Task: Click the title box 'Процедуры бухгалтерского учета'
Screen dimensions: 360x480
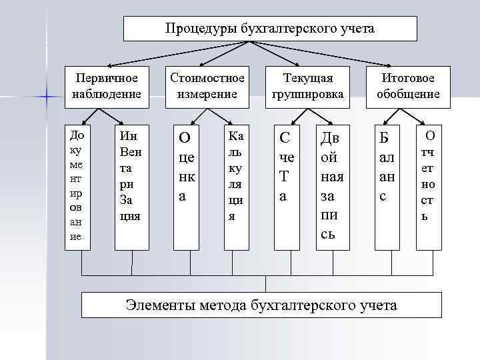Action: (x=270, y=29)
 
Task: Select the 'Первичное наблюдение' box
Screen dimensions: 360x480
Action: (x=107, y=86)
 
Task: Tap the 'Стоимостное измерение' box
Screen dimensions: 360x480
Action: (x=207, y=86)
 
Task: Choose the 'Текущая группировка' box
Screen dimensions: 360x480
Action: (x=307, y=86)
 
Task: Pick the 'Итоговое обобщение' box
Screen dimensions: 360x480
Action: (x=408, y=86)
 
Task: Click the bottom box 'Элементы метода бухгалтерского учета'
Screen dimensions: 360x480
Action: (x=261, y=305)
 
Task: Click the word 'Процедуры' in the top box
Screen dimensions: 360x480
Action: (x=194, y=29)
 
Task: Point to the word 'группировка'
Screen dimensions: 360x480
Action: (x=307, y=94)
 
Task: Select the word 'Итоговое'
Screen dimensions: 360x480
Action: (x=408, y=78)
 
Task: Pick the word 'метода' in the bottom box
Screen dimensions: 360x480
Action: (x=223, y=305)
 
